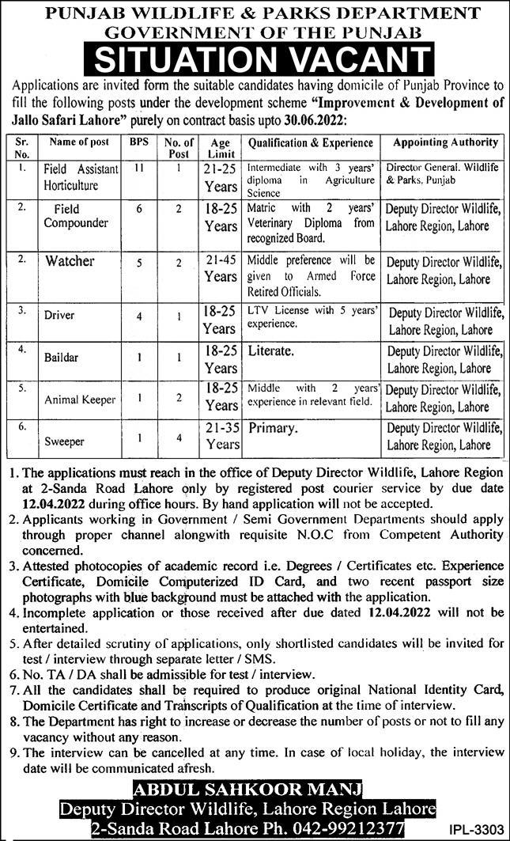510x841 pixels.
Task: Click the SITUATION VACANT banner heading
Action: (x=255, y=59)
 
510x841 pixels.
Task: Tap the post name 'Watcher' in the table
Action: (x=70, y=261)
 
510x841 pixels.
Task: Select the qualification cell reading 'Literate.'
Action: (x=273, y=349)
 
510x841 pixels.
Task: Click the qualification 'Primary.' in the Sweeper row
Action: (x=274, y=427)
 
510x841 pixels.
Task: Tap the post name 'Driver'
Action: (x=60, y=315)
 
